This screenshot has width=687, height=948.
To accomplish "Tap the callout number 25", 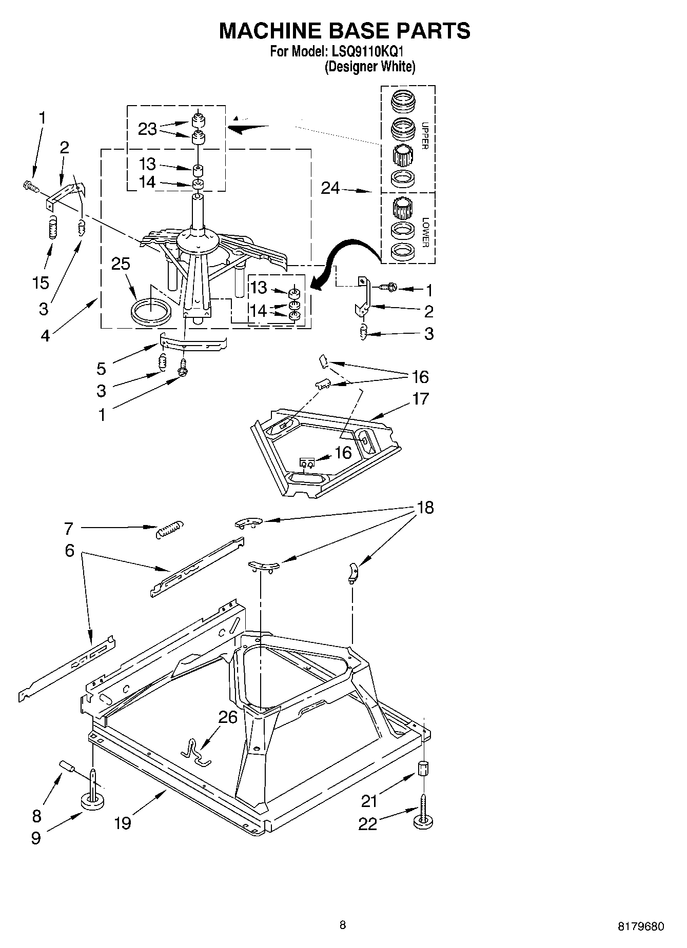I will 121,265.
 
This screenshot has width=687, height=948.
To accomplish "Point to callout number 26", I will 228,717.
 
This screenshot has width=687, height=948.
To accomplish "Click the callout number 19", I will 123,823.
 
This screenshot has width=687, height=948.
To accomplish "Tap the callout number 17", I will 420,398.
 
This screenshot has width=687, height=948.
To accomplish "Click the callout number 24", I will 330,188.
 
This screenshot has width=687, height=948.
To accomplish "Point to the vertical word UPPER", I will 424,135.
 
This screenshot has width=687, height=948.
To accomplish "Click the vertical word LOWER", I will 425,232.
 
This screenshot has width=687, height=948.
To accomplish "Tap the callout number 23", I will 147,129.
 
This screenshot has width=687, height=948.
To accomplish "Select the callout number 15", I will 41,282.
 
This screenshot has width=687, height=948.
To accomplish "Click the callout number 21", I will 369,800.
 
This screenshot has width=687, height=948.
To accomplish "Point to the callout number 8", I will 36,816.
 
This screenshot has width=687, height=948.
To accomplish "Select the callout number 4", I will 45,336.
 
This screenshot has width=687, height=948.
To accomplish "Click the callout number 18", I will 425,508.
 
